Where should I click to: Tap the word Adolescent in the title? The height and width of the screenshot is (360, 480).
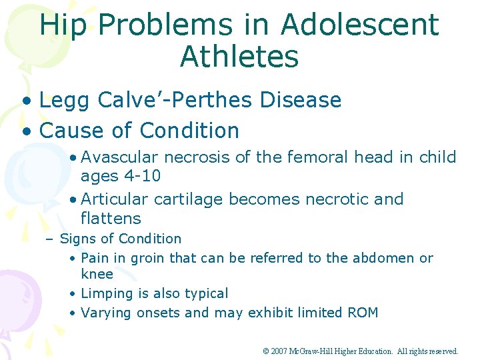pos(360,25)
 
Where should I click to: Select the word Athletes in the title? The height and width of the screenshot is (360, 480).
pos(239,57)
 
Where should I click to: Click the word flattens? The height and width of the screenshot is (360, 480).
pos(111,218)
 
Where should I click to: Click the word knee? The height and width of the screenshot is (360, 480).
pos(97,274)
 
